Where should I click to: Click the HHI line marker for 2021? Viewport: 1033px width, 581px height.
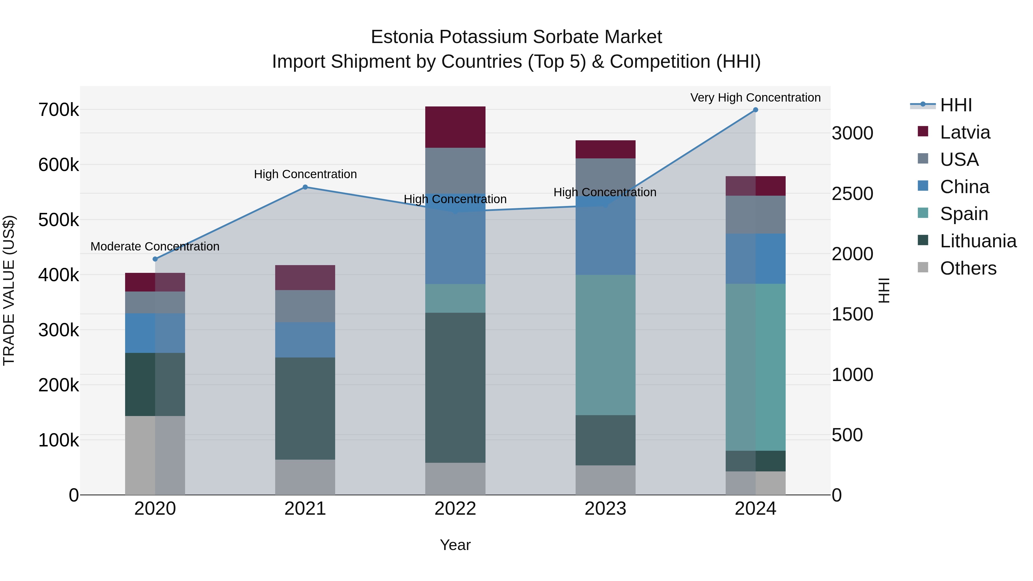(305, 187)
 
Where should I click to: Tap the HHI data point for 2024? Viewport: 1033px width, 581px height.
(756, 110)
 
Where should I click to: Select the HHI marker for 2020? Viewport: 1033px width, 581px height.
(155, 259)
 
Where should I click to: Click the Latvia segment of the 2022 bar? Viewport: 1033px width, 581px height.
(455, 127)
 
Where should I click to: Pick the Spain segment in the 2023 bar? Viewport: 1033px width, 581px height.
(605, 345)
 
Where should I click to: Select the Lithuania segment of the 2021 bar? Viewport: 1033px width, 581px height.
(305, 408)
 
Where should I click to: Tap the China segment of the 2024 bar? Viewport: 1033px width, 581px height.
(756, 259)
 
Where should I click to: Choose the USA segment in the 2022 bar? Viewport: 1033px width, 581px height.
(455, 170)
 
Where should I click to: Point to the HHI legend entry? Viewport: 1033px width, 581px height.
(956, 105)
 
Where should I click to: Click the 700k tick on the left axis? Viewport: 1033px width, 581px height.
(59, 110)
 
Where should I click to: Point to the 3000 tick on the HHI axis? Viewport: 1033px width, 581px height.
(852, 133)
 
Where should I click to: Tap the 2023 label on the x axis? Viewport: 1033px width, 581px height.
(605, 509)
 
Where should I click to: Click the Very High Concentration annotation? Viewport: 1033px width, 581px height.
(756, 98)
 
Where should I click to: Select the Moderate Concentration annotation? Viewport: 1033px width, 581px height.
(155, 246)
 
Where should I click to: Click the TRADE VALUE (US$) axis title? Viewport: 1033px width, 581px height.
(9, 290)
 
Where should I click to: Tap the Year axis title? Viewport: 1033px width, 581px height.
(455, 545)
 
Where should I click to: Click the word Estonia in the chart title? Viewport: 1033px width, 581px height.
(402, 37)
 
